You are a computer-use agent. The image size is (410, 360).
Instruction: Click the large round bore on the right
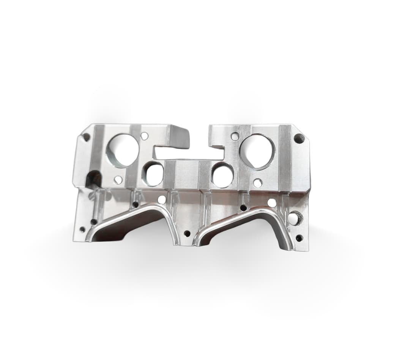point(257,151)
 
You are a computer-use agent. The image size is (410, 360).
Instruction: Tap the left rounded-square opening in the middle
point(153,174)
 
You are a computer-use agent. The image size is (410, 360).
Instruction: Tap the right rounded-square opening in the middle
point(222,175)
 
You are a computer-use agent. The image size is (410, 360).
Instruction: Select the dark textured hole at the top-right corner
point(299,138)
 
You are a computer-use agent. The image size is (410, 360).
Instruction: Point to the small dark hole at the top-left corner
point(86,137)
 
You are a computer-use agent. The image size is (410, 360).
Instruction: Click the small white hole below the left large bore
point(118,180)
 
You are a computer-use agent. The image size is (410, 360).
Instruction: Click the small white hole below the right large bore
point(257,183)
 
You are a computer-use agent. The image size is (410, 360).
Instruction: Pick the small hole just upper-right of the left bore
point(144,135)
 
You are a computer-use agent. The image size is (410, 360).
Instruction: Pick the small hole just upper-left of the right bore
point(235,136)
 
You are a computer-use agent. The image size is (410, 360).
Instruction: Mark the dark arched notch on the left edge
point(93,179)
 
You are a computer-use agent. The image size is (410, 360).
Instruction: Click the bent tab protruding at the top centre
point(178,137)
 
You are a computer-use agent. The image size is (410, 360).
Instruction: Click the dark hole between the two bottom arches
point(187,233)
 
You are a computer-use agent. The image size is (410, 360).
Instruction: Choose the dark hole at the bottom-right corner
point(299,238)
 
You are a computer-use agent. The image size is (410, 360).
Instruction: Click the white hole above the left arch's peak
point(162,200)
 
